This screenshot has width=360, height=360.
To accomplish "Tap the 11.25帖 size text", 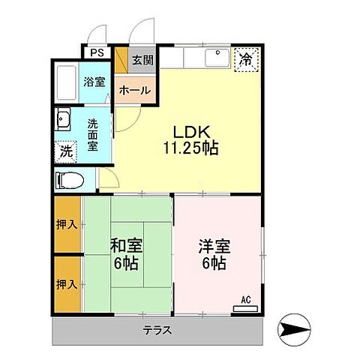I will point(190,148).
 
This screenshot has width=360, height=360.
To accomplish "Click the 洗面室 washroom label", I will point(93,134).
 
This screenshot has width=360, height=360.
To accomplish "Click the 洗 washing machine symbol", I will point(66,150).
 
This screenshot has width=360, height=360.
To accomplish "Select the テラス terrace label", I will point(158,330).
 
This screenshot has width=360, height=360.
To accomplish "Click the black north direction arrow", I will point(293,328).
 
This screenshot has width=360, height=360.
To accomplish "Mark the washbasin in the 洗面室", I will point(63,121).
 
